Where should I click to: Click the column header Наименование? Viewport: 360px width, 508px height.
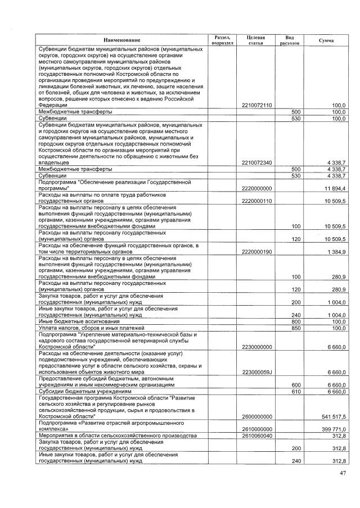(x=121, y=39)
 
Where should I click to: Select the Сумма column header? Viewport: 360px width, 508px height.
(x=326, y=40)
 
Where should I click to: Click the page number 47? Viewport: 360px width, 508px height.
(x=343, y=474)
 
